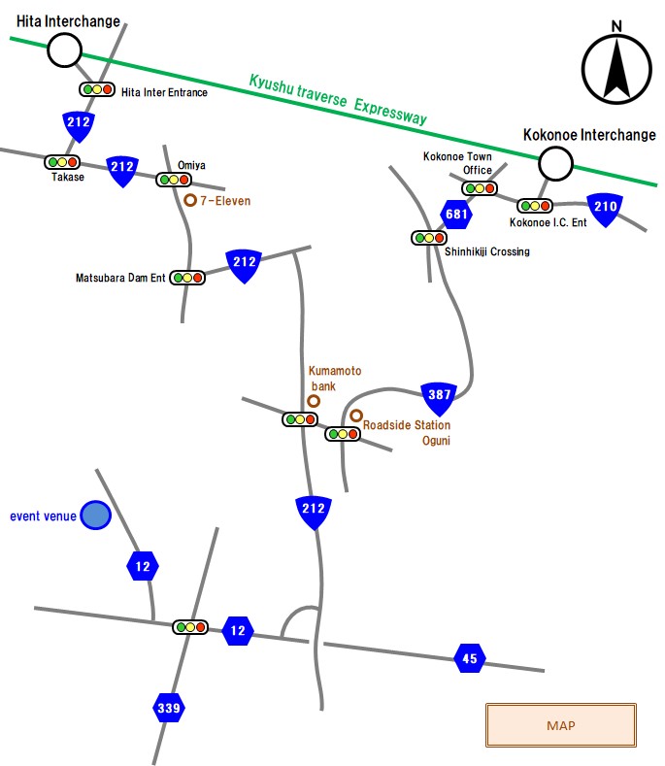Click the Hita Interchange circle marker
coord(64,50)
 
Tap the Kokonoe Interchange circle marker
coord(556,163)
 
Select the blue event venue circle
coord(95,516)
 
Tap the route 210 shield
coord(605,207)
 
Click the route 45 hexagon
coord(470,658)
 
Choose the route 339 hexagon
coord(169,709)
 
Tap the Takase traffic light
coord(62,162)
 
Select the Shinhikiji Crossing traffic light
coord(428,237)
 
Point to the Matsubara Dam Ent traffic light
coord(187,278)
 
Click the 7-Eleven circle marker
coord(190,201)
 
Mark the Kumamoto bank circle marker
coord(314,400)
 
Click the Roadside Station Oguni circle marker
coord(356,416)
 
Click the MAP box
coord(560,725)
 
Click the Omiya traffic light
coord(174,180)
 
